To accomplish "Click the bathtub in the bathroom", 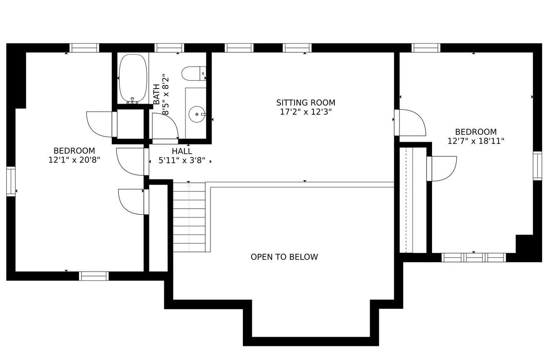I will [133, 78].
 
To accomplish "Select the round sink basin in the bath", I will [196, 114].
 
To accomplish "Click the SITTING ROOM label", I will [306, 103].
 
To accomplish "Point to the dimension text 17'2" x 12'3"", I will [306, 112].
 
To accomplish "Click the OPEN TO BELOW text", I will [284, 257].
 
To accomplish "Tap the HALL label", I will [182, 151].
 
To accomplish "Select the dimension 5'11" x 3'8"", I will [182, 160].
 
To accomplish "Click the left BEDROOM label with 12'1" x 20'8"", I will [74, 151].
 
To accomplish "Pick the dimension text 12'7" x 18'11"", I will [476, 141].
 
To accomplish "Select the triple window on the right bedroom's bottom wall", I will [474, 258].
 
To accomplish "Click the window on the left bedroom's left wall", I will [11, 181].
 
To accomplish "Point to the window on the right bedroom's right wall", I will [537, 166].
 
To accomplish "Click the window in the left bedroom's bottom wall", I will [94, 276].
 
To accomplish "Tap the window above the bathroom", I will [169, 48].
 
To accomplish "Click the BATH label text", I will [156, 94].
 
